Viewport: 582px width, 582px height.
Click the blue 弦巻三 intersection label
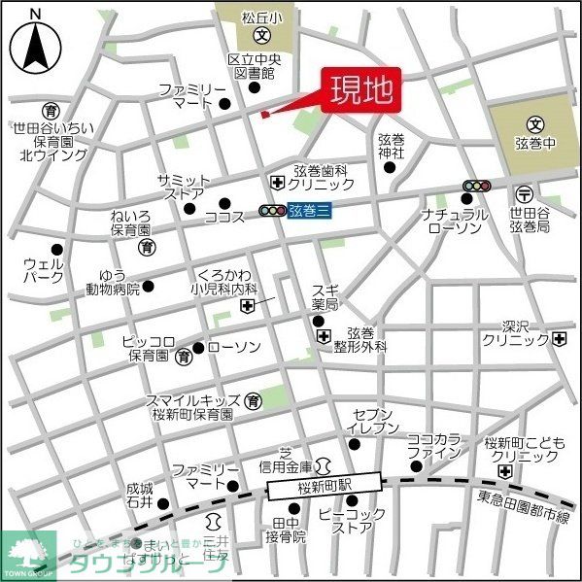click(x=309, y=211)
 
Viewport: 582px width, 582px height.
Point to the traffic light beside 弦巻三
click(x=272, y=210)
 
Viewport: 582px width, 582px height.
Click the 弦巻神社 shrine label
click(x=392, y=146)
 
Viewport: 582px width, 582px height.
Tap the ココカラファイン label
click(x=433, y=446)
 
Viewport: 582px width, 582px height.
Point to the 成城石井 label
click(x=140, y=496)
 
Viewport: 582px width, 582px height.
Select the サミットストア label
click(x=183, y=188)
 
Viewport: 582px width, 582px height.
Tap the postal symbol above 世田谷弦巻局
click(x=525, y=192)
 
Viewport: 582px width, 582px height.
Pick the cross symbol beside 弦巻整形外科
click(x=324, y=335)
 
